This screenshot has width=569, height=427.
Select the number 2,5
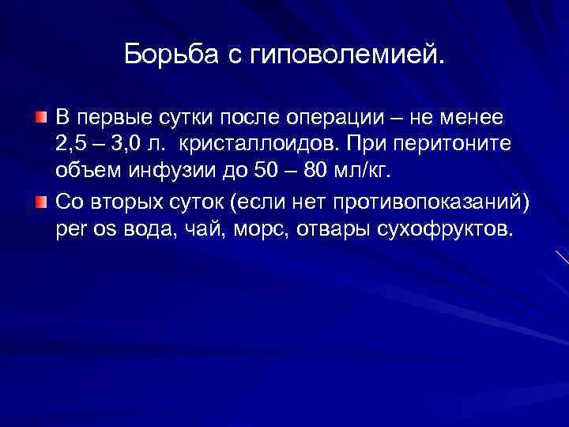[x=71, y=145]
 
